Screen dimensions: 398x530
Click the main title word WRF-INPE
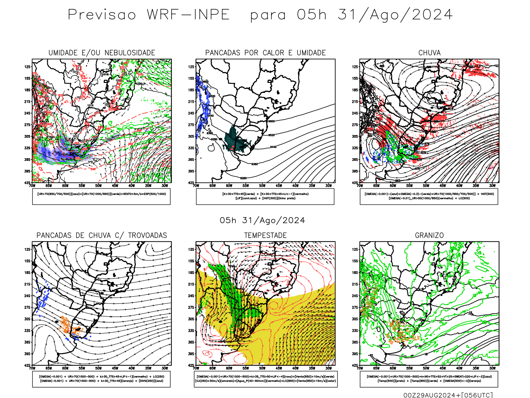pyautogui.click(x=188, y=15)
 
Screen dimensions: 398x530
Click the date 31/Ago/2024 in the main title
pyautogui.click(x=395, y=15)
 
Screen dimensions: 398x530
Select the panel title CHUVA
pyautogui.click(x=429, y=53)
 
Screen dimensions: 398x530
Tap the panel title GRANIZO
pyautogui.click(x=429, y=235)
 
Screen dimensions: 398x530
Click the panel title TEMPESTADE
pyautogui.click(x=265, y=235)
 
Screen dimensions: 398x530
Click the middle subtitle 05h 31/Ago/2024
pyautogui.click(x=262, y=221)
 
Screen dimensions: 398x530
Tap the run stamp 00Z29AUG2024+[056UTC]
pyautogui.click(x=448, y=395)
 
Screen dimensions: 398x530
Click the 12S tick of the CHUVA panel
pyautogui.click(x=355, y=67)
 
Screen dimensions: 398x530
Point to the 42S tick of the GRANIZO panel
pyautogui.click(x=355, y=365)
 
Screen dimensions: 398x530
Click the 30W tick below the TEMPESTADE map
pyautogui.click(x=328, y=368)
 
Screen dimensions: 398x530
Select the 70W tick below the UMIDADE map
pyautogui.click(x=32, y=186)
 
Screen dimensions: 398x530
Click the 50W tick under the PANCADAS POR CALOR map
pyautogui.click(x=262, y=186)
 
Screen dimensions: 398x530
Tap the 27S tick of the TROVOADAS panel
pyautogui.click(x=27, y=307)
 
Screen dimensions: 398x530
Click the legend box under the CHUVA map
pyautogui.click(x=429, y=196)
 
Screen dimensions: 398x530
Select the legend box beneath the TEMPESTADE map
pyautogui.click(x=265, y=379)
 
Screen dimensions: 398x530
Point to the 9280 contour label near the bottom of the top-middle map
pyautogui.click(x=243, y=178)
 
